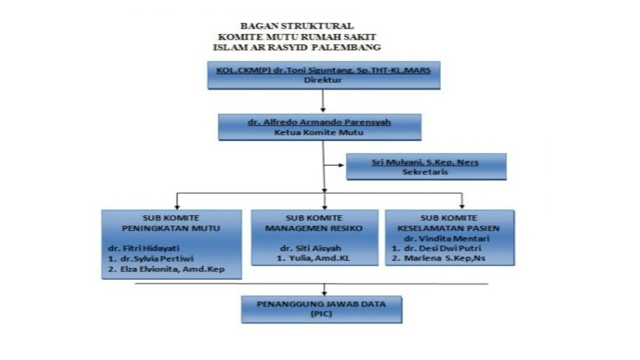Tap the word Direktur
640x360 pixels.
point(323,80)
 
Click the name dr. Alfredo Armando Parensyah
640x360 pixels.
point(319,122)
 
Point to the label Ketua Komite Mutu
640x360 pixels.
point(319,132)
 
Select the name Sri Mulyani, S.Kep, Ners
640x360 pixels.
point(425,162)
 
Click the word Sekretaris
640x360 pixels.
point(425,172)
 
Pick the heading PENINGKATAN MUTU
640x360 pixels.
point(171,228)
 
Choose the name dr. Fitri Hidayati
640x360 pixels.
point(143,248)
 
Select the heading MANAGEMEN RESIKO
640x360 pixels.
point(314,228)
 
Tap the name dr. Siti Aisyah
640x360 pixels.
point(310,248)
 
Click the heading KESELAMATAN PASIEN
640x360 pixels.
point(448,228)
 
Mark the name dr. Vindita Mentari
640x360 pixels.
point(447,239)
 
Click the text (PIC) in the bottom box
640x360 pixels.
point(321,314)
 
